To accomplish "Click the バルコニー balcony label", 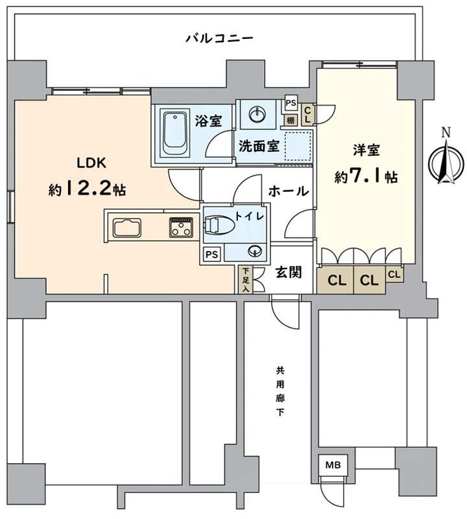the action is click(219, 38).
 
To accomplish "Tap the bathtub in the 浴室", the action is click(174, 132).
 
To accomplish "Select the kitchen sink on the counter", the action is click(127, 228).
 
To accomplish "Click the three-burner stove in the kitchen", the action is click(181, 227).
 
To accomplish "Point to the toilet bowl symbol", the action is click(219, 225).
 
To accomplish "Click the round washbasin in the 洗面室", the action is click(257, 115).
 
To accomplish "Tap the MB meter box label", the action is click(333, 465).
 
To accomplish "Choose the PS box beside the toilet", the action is click(212, 254).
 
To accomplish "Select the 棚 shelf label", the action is click(291, 120).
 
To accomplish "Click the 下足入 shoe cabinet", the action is click(246, 280).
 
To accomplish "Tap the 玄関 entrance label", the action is click(289, 272).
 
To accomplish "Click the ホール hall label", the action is click(289, 191).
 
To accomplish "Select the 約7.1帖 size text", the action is click(366, 176).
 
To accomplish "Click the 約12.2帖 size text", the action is click(88, 189).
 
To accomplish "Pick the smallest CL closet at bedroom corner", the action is click(394, 274).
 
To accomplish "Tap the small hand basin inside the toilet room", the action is click(255, 251).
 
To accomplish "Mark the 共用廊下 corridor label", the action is click(280, 392).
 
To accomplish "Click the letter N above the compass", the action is click(446, 133).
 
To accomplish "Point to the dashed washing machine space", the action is click(298, 147).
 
